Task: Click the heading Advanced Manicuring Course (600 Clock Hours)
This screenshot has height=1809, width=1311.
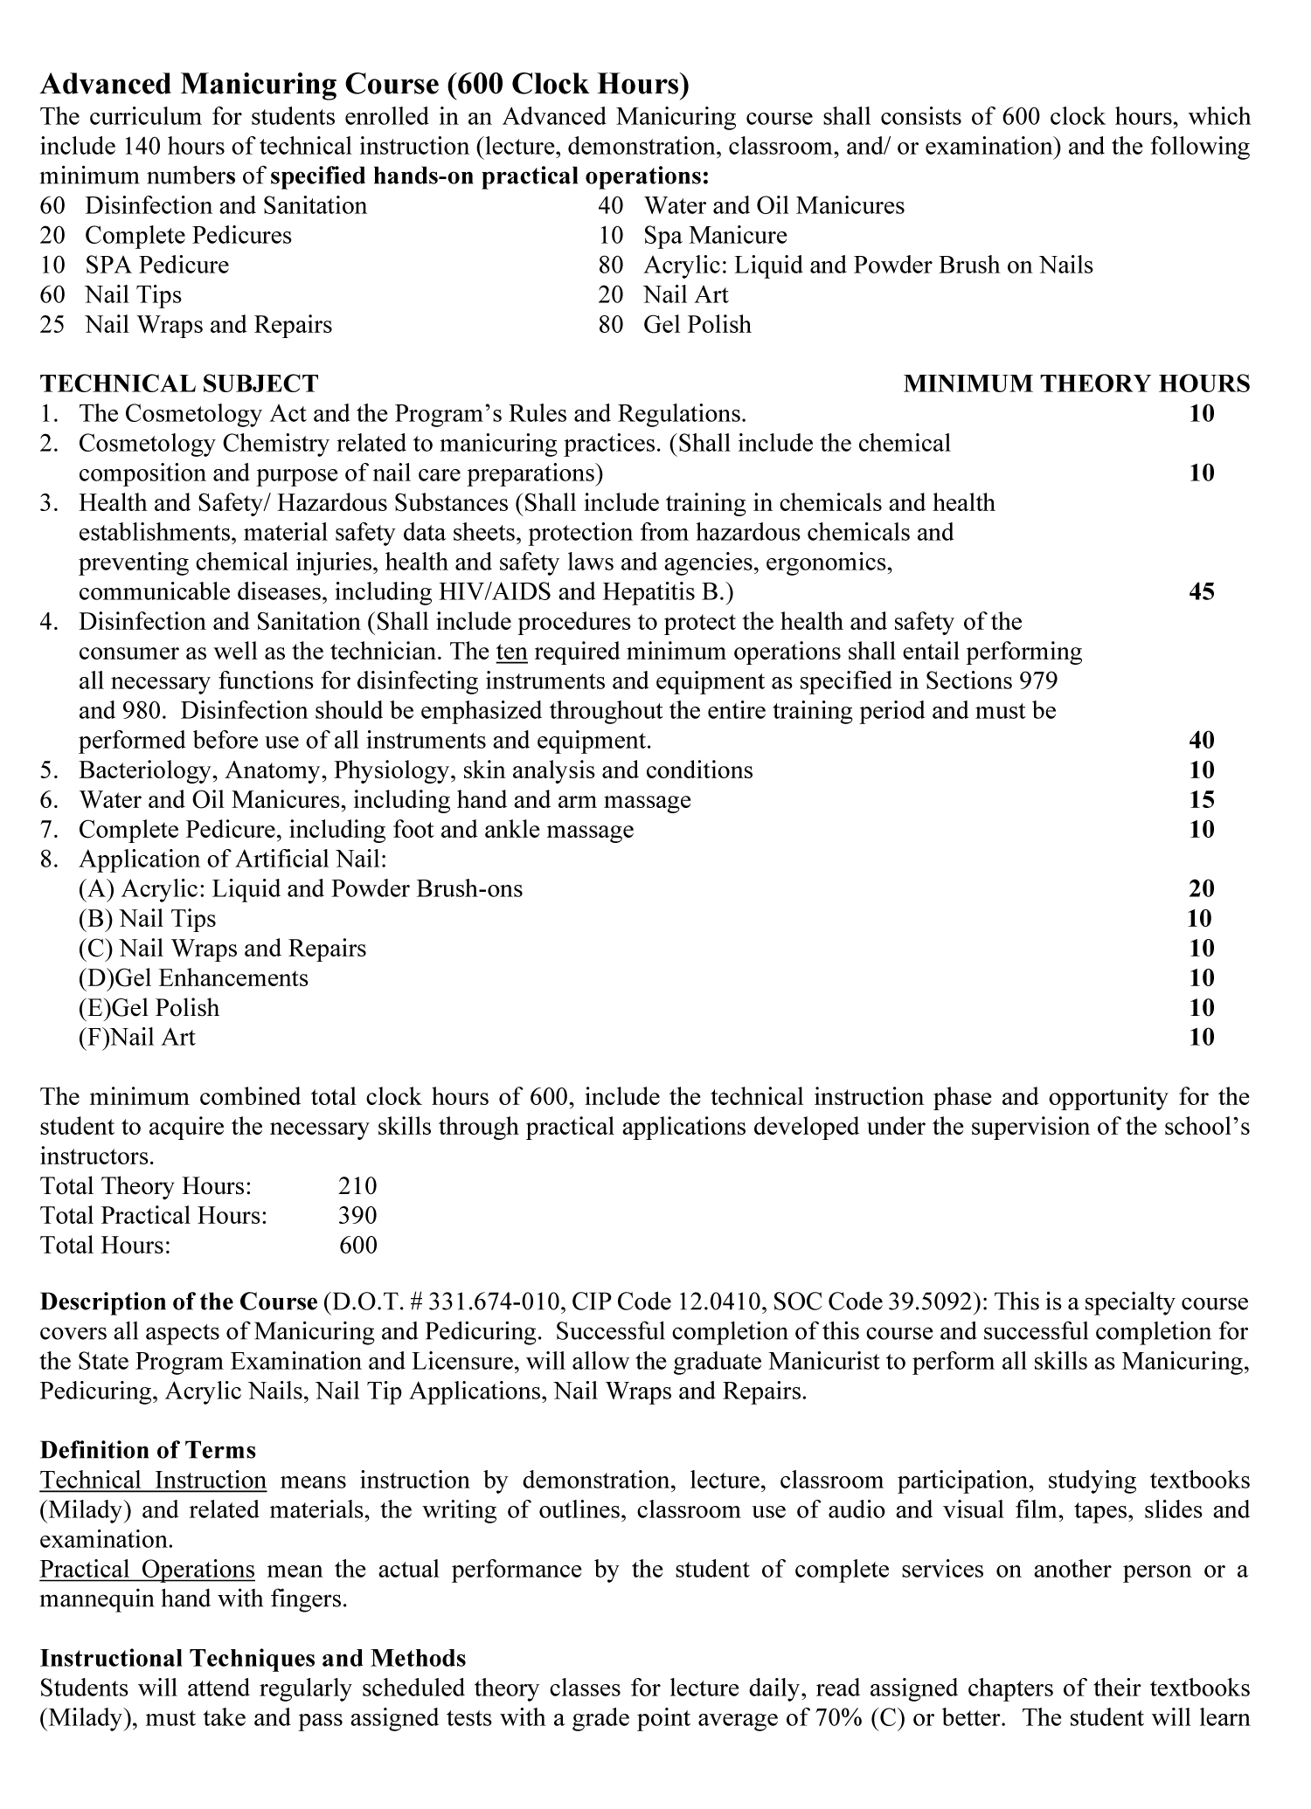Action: tap(364, 85)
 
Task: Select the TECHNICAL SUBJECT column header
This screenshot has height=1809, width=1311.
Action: tap(179, 383)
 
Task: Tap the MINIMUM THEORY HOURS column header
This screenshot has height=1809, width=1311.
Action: tap(1076, 383)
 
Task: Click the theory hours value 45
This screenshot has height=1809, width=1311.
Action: tap(1202, 592)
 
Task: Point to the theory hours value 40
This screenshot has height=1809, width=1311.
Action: tap(1202, 741)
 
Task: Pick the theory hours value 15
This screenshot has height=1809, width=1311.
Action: tap(1202, 800)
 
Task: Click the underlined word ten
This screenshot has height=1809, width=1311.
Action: tap(511, 652)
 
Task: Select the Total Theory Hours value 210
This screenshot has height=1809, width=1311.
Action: tap(357, 1186)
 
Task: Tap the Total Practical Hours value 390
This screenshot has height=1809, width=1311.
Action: tap(357, 1216)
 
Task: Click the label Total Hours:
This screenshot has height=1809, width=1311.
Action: tap(106, 1246)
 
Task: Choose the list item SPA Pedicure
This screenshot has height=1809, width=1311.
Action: tap(156, 266)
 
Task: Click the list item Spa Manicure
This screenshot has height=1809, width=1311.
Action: tap(715, 236)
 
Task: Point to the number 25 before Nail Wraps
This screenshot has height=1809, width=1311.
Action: tap(52, 325)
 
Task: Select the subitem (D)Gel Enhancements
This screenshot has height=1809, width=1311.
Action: tap(193, 978)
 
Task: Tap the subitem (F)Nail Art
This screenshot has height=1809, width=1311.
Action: tap(137, 1038)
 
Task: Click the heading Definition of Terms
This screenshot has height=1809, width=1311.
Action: tap(148, 1451)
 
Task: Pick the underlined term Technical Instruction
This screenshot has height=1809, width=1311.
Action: tap(153, 1481)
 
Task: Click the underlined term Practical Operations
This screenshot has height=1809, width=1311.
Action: tap(148, 1570)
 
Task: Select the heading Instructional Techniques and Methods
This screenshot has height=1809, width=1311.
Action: tap(253, 1659)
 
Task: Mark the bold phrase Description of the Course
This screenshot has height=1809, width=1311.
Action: tap(178, 1302)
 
